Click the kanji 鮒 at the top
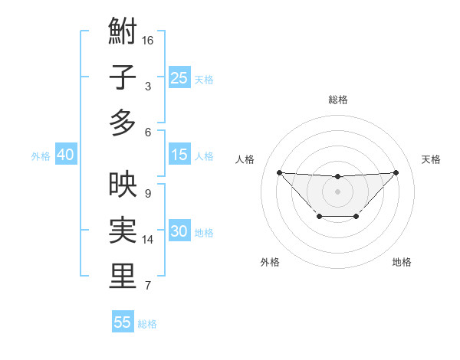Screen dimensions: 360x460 pos(123,33)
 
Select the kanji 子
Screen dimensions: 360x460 pos(123,77)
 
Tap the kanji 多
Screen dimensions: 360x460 pos(123,123)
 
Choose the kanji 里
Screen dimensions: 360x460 pos(123,276)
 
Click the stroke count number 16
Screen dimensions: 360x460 pos(148,39)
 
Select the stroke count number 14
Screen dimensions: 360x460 pos(148,240)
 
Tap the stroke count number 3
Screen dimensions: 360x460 pos(148,87)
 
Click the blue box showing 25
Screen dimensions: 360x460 pos(179,77)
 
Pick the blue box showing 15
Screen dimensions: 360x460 pos(179,155)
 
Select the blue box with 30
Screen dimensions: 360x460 pos(179,231)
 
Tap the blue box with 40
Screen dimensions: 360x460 pos(65,155)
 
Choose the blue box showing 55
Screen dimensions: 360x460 pos(123,322)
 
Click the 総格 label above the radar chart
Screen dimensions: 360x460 pos(337,100)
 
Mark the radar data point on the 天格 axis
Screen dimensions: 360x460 pos(396,172)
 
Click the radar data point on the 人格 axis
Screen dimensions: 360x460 pos(279,172)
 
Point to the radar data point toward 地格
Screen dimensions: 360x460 pos(356,217)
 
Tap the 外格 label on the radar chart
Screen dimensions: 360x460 pos(269,262)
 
